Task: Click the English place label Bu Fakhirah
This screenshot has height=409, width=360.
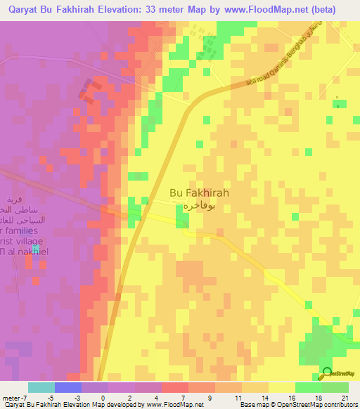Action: coord(199,192)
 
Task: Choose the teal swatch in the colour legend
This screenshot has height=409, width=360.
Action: coord(41,387)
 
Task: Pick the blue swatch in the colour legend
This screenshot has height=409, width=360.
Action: coord(68,387)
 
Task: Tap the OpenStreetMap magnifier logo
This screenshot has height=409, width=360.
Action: coord(326,372)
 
